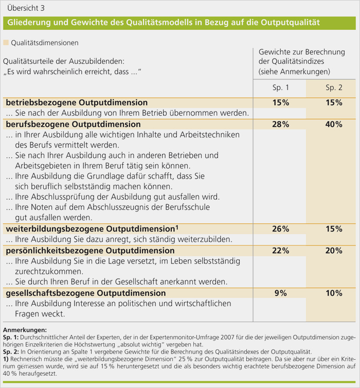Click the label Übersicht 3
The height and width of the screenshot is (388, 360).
click(26, 8)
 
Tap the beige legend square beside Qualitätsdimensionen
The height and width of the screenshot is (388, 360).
click(6, 43)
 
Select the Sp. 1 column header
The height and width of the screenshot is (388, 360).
click(281, 87)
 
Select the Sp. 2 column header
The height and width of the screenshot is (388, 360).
click(334, 87)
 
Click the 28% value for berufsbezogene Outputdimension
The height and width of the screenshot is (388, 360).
click(281, 124)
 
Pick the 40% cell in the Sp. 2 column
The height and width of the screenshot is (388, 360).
click(334, 124)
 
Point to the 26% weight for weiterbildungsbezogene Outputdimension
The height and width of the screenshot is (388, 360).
click(281, 229)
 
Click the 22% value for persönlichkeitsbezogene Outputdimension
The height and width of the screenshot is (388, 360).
click(281, 251)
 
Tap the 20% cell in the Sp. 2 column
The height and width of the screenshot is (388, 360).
click(334, 251)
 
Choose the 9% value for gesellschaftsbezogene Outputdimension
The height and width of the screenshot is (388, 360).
click(281, 293)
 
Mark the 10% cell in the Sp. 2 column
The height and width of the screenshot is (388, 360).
click(334, 293)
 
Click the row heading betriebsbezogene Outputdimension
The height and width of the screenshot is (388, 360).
click(77, 103)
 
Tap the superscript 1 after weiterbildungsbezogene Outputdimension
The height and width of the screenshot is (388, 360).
click(177, 227)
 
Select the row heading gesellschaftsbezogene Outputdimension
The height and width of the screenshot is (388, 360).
click(86, 293)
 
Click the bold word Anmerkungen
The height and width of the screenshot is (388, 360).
click(25, 330)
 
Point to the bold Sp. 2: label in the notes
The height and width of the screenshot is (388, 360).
click(11, 352)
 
